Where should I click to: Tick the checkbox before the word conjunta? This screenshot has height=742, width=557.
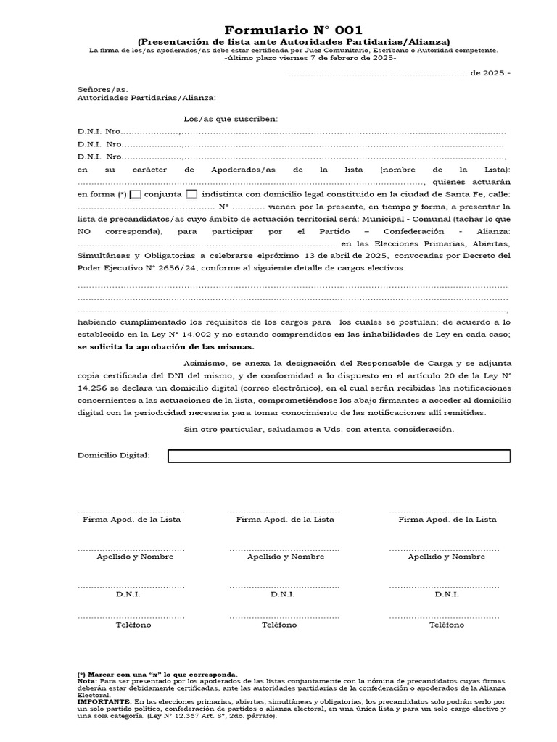tap(135, 195)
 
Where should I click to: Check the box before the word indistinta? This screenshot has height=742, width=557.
tap(191, 195)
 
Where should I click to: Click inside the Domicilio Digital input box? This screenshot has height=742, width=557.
tap(339, 455)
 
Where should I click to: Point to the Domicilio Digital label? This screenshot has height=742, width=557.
tap(113, 455)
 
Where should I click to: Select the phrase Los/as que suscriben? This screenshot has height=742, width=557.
tap(231, 119)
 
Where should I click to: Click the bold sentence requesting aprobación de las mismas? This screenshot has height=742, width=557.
tap(165, 347)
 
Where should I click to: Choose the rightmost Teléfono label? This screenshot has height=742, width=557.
tap(446, 625)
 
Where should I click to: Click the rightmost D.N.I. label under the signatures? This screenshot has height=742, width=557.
tap(446, 594)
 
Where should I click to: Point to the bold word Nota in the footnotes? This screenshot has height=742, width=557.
tap(86, 681)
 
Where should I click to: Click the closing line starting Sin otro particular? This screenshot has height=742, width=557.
tap(319, 429)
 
